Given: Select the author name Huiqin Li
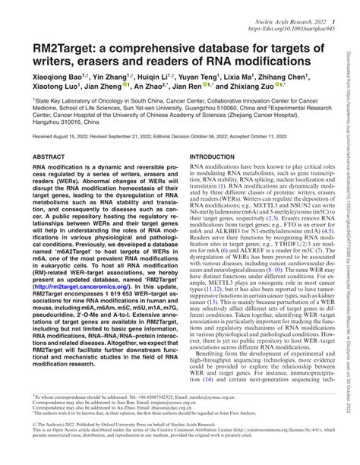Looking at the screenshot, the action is tap(160, 77).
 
